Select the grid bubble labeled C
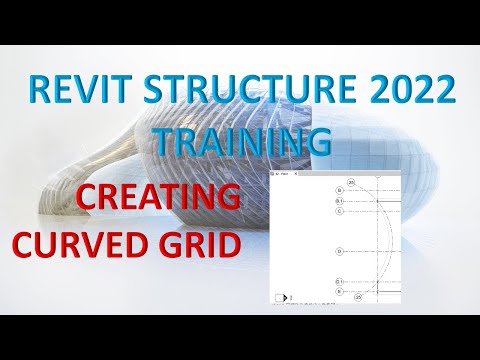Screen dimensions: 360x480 pos(340,211)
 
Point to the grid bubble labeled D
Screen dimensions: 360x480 pos(340,250)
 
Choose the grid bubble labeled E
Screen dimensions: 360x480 pos(340,291)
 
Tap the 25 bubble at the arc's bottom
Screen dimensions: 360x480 pos(357,298)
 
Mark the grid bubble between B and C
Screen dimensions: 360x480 pos(340,201)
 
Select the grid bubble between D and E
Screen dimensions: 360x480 pos(340,281)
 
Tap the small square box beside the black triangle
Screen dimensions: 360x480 pos(279,297)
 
